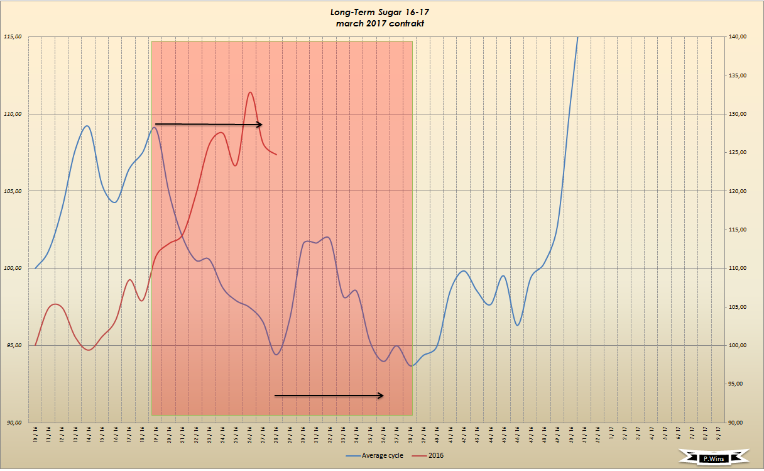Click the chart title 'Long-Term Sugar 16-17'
click(x=381, y=12)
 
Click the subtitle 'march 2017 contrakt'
click(x=381, y=23)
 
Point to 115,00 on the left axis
click(x=13, y=36)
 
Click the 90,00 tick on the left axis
click(x=13, y=423)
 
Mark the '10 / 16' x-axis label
click(x=35, y=435)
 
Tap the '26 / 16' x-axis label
click(x=249, y=435)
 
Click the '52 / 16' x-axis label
click(x=598, y=435)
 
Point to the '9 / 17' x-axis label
click(x=718, y=435)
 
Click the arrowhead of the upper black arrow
click(x=259, y=125)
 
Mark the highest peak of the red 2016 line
click(x=250, y=92)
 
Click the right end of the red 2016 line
click(x=276, y=155)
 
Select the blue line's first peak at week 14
click(x=87, y=126)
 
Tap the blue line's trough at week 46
click(x=518, y=325)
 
